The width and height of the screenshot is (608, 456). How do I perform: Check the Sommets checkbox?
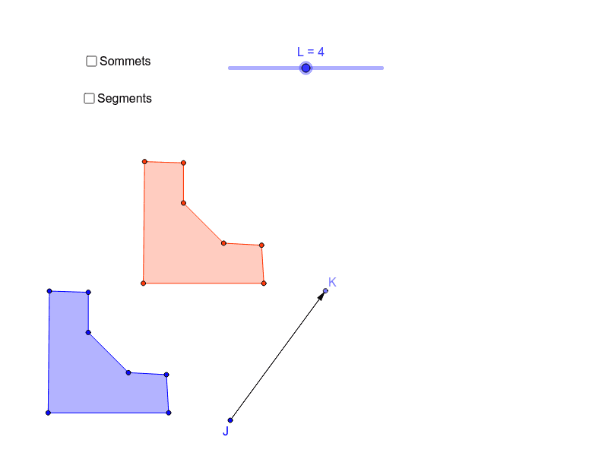point(91,62)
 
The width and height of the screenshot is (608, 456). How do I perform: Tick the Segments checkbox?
point(89,99)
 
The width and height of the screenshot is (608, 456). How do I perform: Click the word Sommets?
point(125,62)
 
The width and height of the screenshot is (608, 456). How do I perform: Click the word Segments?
point(125,99)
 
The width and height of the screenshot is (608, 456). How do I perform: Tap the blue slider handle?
point(306,68)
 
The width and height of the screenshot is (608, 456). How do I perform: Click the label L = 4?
point(311,52)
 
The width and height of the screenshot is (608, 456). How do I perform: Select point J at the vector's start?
point(230,420)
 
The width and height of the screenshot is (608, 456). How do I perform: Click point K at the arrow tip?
point(325,291)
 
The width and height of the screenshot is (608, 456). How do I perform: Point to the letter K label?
point(332,282)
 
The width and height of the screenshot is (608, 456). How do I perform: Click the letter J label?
point(226,431)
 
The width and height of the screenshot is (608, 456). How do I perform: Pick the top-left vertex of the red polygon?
point(144,162)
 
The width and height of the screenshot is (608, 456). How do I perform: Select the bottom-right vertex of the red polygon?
point(264,283)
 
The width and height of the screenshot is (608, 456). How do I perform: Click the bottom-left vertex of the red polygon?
point(144,283)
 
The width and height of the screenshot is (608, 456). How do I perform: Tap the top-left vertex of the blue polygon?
point(49,291)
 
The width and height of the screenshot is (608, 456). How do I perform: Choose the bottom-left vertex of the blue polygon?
point(48,413)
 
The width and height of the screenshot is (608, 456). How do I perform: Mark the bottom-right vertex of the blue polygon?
point(169,413)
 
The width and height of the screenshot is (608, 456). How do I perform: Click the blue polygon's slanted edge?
point(108,353)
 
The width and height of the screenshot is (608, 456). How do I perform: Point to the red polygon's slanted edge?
point(204,223)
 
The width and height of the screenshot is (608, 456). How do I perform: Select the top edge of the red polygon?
point(164,163)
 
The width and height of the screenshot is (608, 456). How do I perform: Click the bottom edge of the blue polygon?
point(109,413)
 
